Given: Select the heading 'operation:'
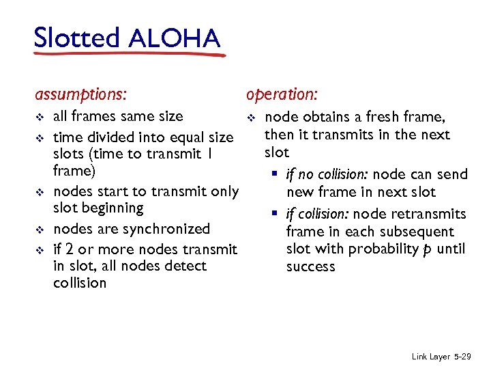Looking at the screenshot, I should (x=282, y=93).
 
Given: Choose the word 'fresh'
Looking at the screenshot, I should (x=384, y=117).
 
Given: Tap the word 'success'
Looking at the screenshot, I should (x=310, y=266).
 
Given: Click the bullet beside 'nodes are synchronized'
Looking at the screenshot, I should (x=40, y=230).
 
